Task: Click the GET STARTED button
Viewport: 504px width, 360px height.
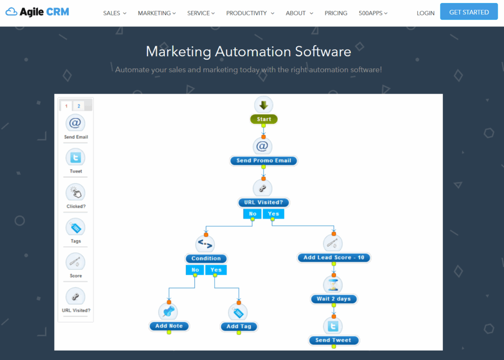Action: point(469,12)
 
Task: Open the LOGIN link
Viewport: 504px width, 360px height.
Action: point(425,13)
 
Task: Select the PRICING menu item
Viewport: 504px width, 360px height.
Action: point(336,13)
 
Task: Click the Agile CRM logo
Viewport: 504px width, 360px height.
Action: point(37,12)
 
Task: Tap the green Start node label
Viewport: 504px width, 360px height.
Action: point(264,119)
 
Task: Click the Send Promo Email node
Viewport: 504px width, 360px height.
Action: point(264,161)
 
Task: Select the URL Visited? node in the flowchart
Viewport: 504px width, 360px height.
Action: point(264,202)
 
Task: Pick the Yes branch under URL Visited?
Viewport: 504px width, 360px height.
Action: point(274,214)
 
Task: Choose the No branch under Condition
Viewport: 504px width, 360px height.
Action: point(195,270)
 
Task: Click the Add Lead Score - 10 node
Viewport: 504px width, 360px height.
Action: point(334,258)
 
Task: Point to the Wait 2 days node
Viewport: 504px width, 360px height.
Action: point(334,299)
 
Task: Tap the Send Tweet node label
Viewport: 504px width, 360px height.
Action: point(334,340)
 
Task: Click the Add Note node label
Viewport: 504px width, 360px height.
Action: point(169,326)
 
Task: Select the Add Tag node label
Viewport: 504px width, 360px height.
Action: point(239,327)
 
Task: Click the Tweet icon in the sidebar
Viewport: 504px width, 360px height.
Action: point(76,158)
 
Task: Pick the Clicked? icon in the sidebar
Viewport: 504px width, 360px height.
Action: point(76,193)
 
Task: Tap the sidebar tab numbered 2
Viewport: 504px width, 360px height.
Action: point(79,106)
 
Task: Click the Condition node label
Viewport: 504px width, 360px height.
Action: point(206,259)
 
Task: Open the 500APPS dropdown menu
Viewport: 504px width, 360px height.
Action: point(373,13)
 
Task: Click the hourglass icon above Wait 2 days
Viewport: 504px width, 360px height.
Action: point(334,284)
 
